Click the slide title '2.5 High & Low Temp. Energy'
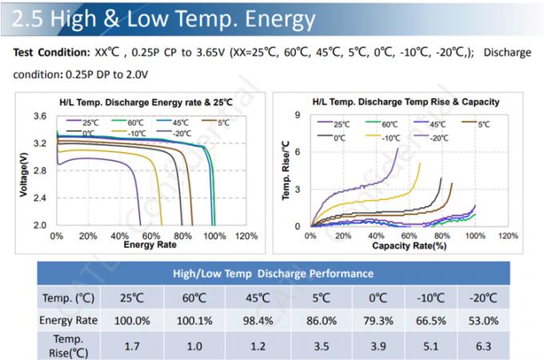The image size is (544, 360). coord(161,18)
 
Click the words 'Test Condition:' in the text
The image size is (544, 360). coord(50,53)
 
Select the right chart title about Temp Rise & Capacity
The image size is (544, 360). coord(406,102)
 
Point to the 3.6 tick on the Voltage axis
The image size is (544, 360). coord(39,117)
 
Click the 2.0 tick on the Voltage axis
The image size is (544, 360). coord(39,226)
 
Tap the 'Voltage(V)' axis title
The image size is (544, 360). coord(22,172)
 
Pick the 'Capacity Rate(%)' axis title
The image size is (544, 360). coord(408,245)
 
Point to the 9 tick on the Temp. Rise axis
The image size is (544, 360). coord(297,116)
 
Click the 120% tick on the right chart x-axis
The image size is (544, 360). coord(508,236)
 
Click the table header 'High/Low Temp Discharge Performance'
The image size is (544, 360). coord(273,274)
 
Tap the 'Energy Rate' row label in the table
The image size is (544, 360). coord(70,320)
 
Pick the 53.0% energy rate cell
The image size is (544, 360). coord(489,320)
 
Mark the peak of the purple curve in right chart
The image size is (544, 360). coord(398,147)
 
